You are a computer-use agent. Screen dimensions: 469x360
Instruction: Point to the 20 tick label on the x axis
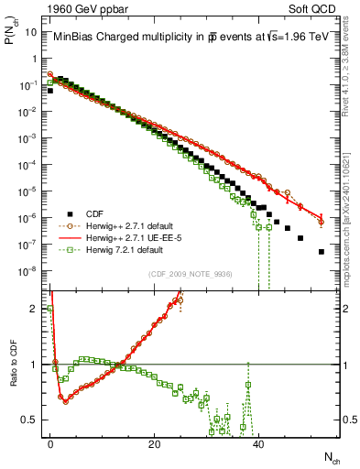point(155,444)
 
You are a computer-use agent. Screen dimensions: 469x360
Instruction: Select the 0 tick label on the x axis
point(50,444)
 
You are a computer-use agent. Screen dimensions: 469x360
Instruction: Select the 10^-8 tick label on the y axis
point(29,270)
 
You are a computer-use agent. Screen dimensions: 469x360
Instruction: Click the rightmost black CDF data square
point(321,251)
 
